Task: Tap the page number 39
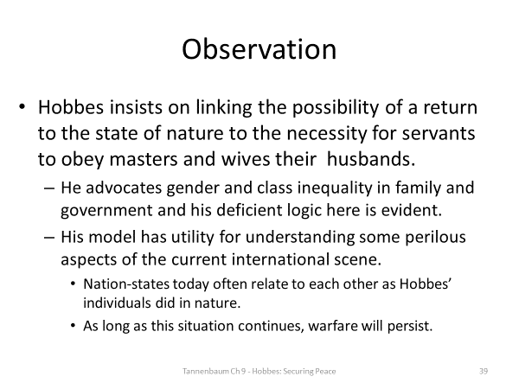(484, 371)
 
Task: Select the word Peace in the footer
(324, 371)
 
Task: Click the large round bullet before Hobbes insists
(22, 112)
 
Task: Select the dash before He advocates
(45, 186)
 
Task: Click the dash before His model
(45, 238)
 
